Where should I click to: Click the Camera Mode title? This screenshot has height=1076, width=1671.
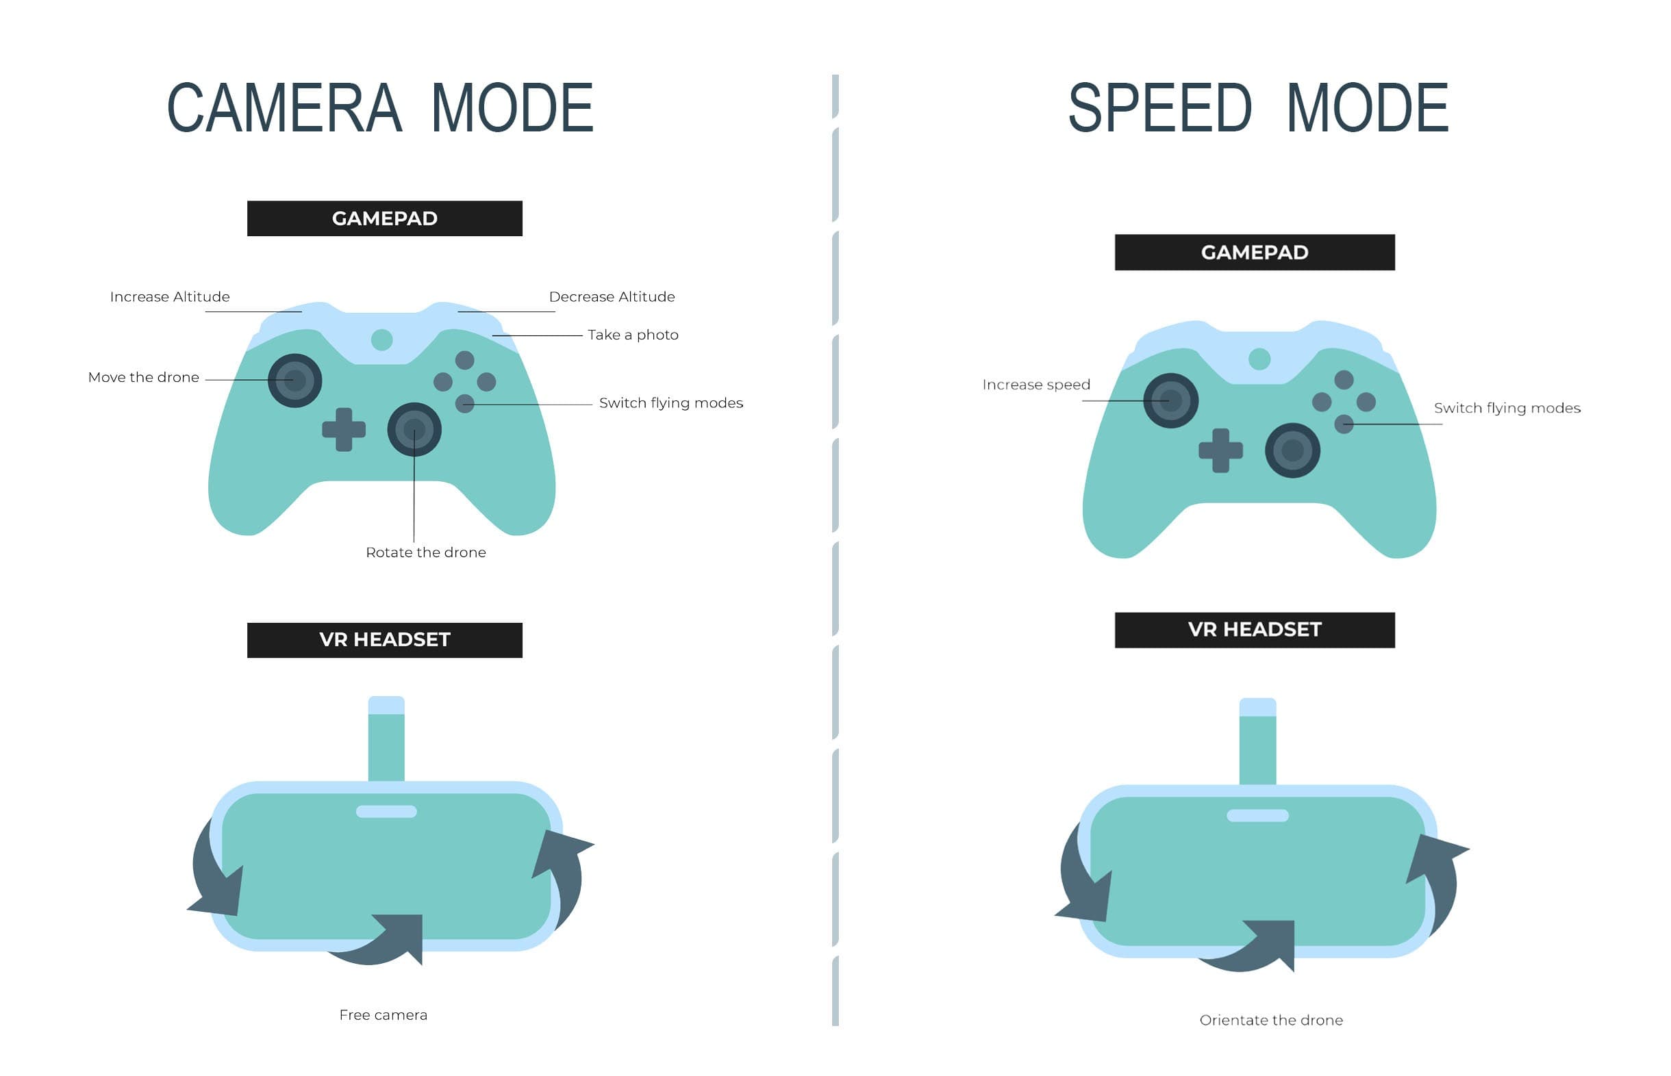click(380, 107)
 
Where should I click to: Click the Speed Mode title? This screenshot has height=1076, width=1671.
click(1259, 107)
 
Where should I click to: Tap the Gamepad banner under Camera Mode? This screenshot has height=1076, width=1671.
click(384, 219)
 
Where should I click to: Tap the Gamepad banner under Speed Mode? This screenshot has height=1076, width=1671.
click(1255, 253)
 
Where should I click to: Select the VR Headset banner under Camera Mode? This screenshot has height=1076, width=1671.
click(384, 640)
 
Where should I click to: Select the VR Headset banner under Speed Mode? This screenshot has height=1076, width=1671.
click(1255, 630)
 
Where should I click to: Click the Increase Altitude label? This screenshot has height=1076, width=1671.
click(170, 297)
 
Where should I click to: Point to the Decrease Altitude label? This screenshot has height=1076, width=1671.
click(612, 297)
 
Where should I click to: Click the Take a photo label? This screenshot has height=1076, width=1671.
click(633, 335)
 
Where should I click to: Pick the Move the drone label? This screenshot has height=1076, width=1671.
click(143, 378)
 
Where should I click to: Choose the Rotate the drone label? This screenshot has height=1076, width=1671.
click(425, 552)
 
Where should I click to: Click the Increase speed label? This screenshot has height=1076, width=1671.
click(1036, 385)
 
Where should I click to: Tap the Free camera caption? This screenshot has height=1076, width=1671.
click(383, 1015)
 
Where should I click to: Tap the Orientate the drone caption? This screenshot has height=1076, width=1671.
click(1271, 1021)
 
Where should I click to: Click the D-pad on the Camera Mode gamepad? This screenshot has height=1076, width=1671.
click(344, 430)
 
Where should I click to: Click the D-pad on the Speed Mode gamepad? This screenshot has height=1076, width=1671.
click(1221, 450)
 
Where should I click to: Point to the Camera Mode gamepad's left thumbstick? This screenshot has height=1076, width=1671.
click(295, 381)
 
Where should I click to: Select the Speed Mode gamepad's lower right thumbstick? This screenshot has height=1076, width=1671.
click(1293, 450)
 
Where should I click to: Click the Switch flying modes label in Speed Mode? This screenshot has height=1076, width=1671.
click(1507, 409)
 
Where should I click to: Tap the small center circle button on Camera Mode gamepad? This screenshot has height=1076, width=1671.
click(381, 340)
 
